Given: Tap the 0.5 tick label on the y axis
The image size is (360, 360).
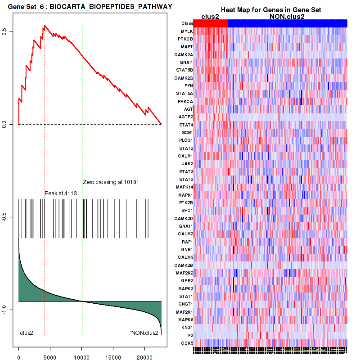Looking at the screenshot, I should [9, 31].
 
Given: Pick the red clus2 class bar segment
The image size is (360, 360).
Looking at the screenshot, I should [211, 23].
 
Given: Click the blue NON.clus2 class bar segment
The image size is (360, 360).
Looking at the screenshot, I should [288, 23].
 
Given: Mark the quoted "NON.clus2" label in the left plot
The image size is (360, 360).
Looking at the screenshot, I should [144, 333].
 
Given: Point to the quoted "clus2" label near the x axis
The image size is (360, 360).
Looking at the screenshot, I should [27, 333].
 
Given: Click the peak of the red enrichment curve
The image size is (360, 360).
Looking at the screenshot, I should [44, 26].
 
